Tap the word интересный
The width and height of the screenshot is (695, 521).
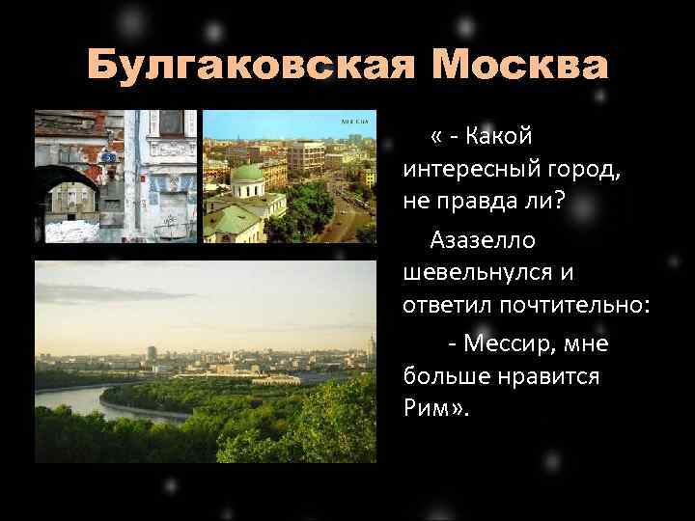(x=473, y=172)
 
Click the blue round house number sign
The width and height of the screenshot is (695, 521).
(x=108, y=156)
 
